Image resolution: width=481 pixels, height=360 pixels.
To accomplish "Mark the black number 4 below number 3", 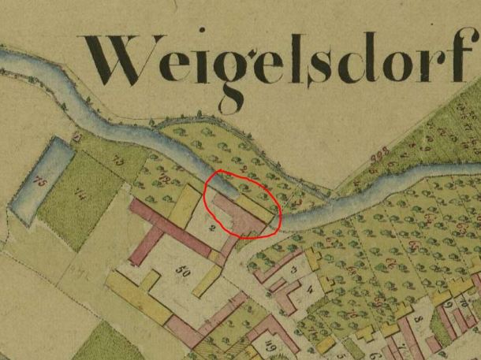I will [x=309, y=289].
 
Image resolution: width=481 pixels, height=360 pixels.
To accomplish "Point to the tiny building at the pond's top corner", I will [x=76, y=138].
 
